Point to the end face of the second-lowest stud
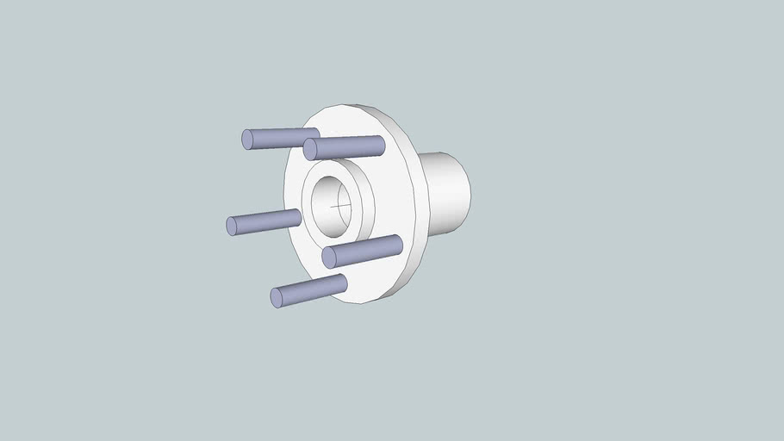tap(329, 258)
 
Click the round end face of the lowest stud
tap(277, 298)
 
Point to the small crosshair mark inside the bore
tap(342, 206)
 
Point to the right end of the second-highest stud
tap(381, 144)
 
